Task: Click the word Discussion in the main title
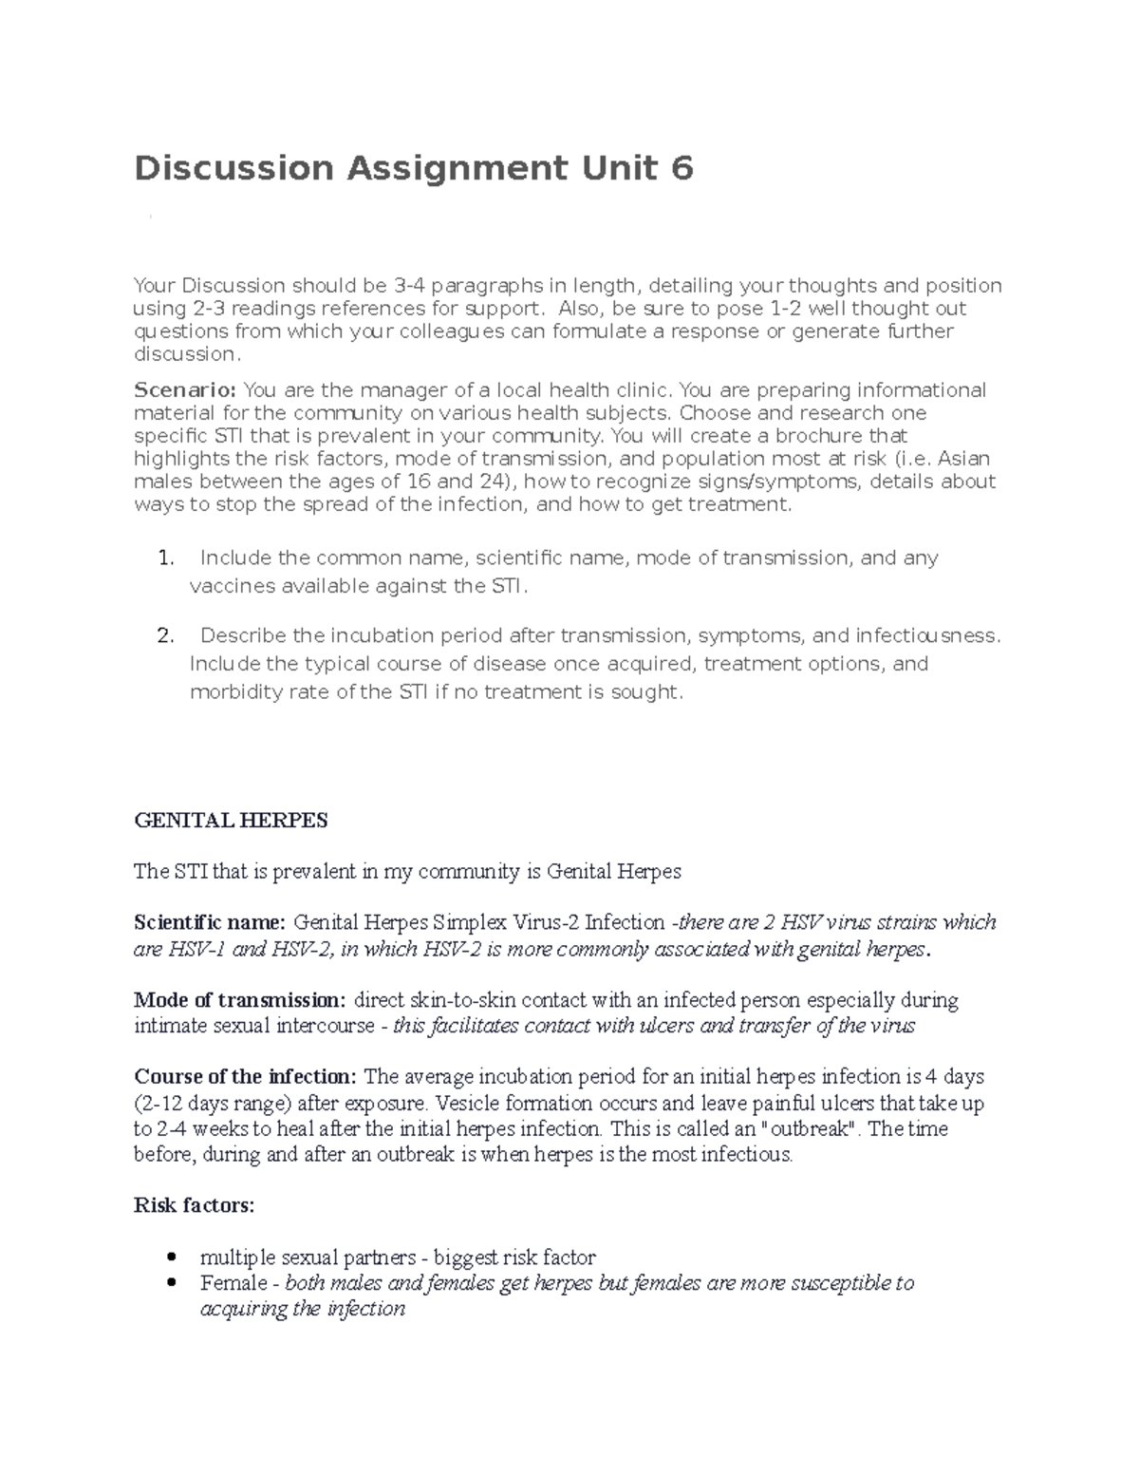click(x=233, y=169)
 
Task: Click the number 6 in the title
click(x=682, y=169)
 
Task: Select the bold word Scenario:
click(x=185, y=390)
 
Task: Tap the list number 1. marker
click(x=166, y=558)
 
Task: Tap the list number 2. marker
click(x=166, y=635)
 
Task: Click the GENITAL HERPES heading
click(x=232, y=821)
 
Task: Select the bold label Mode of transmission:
click(x=240, y=1000)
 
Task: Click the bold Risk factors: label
click(x=195, y=1206)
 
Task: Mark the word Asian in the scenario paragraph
click(x=964, y=459)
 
